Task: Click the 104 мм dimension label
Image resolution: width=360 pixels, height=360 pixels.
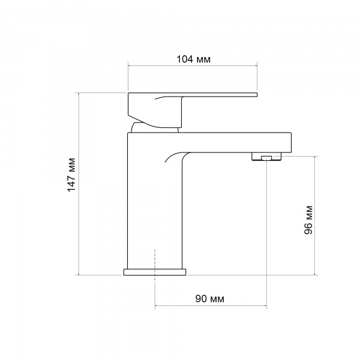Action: [193, 59]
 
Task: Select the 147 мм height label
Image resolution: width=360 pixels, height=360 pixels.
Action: [71, 175]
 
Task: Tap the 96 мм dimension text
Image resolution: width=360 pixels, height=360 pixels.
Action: [308, 220]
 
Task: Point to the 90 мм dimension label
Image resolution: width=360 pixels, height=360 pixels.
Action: [209, 299]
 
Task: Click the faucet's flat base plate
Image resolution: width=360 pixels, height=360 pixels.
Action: [155, 272]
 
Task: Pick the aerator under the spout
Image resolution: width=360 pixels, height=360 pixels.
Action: [266, 157]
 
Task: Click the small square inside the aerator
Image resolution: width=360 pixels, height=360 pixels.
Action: [266, 158]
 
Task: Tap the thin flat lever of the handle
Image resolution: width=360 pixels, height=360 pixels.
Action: [219, 95]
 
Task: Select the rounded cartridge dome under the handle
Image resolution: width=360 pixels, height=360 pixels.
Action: [154, 128]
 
